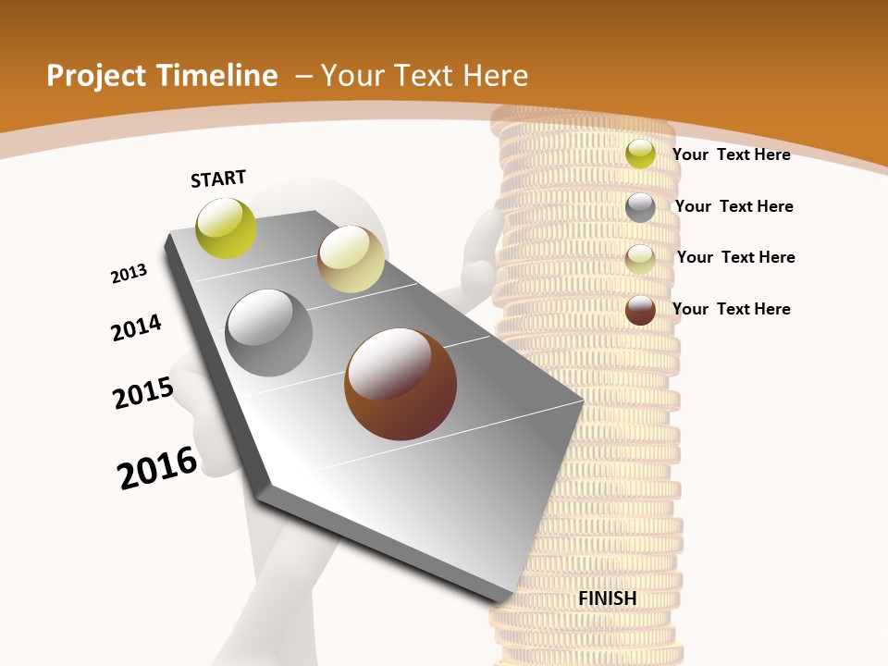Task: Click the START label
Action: pyautogui.click(x=218, y=179)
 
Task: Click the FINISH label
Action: pyautogui.click(x=607, y=598)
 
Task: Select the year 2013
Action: pyautogui.click(x=129, y=274)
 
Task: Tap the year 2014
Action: pyautogui.click(x=136, y=328)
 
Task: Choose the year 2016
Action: pyautogui.click(x=157, y=468)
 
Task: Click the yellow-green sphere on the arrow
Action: pyautogui.click(x=226, y=228)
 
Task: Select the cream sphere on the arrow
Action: pyautogui.click(x=351, y=259)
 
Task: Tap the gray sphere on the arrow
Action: pyautogui.click(x=269, y=332)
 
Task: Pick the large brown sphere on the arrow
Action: pyautogui.click(x=400, y=384)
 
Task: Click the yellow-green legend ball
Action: pyautogui.click(x=640, y=154)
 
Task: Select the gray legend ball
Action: pyautogui.click(x=640, y=207)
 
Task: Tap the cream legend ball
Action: pyautogui.click(x=640, y=259)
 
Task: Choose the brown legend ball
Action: pyautogui.click(x=640, y=310)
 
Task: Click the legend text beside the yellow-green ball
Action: pyautogui.click(x=731, y=154)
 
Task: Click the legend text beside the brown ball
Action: pyautogui.click(x=731, y=309)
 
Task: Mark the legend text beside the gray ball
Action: pyautogui.click(x=734, y=206)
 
